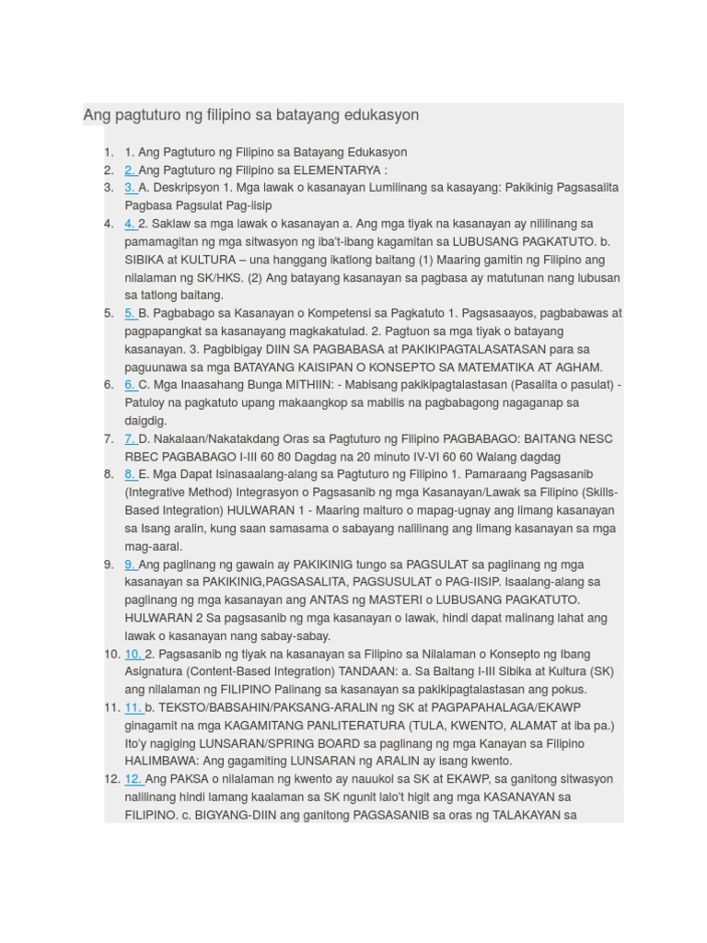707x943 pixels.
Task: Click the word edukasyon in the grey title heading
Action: (x=379, y=115)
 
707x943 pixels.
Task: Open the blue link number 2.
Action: (x=130, y=169)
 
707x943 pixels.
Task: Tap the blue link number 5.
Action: (x=130, y=313)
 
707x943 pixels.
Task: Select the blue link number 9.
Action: (x=130, y=565)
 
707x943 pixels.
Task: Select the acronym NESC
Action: (x=595, y=439)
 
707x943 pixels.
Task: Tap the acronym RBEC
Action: (x=142, y=457)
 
